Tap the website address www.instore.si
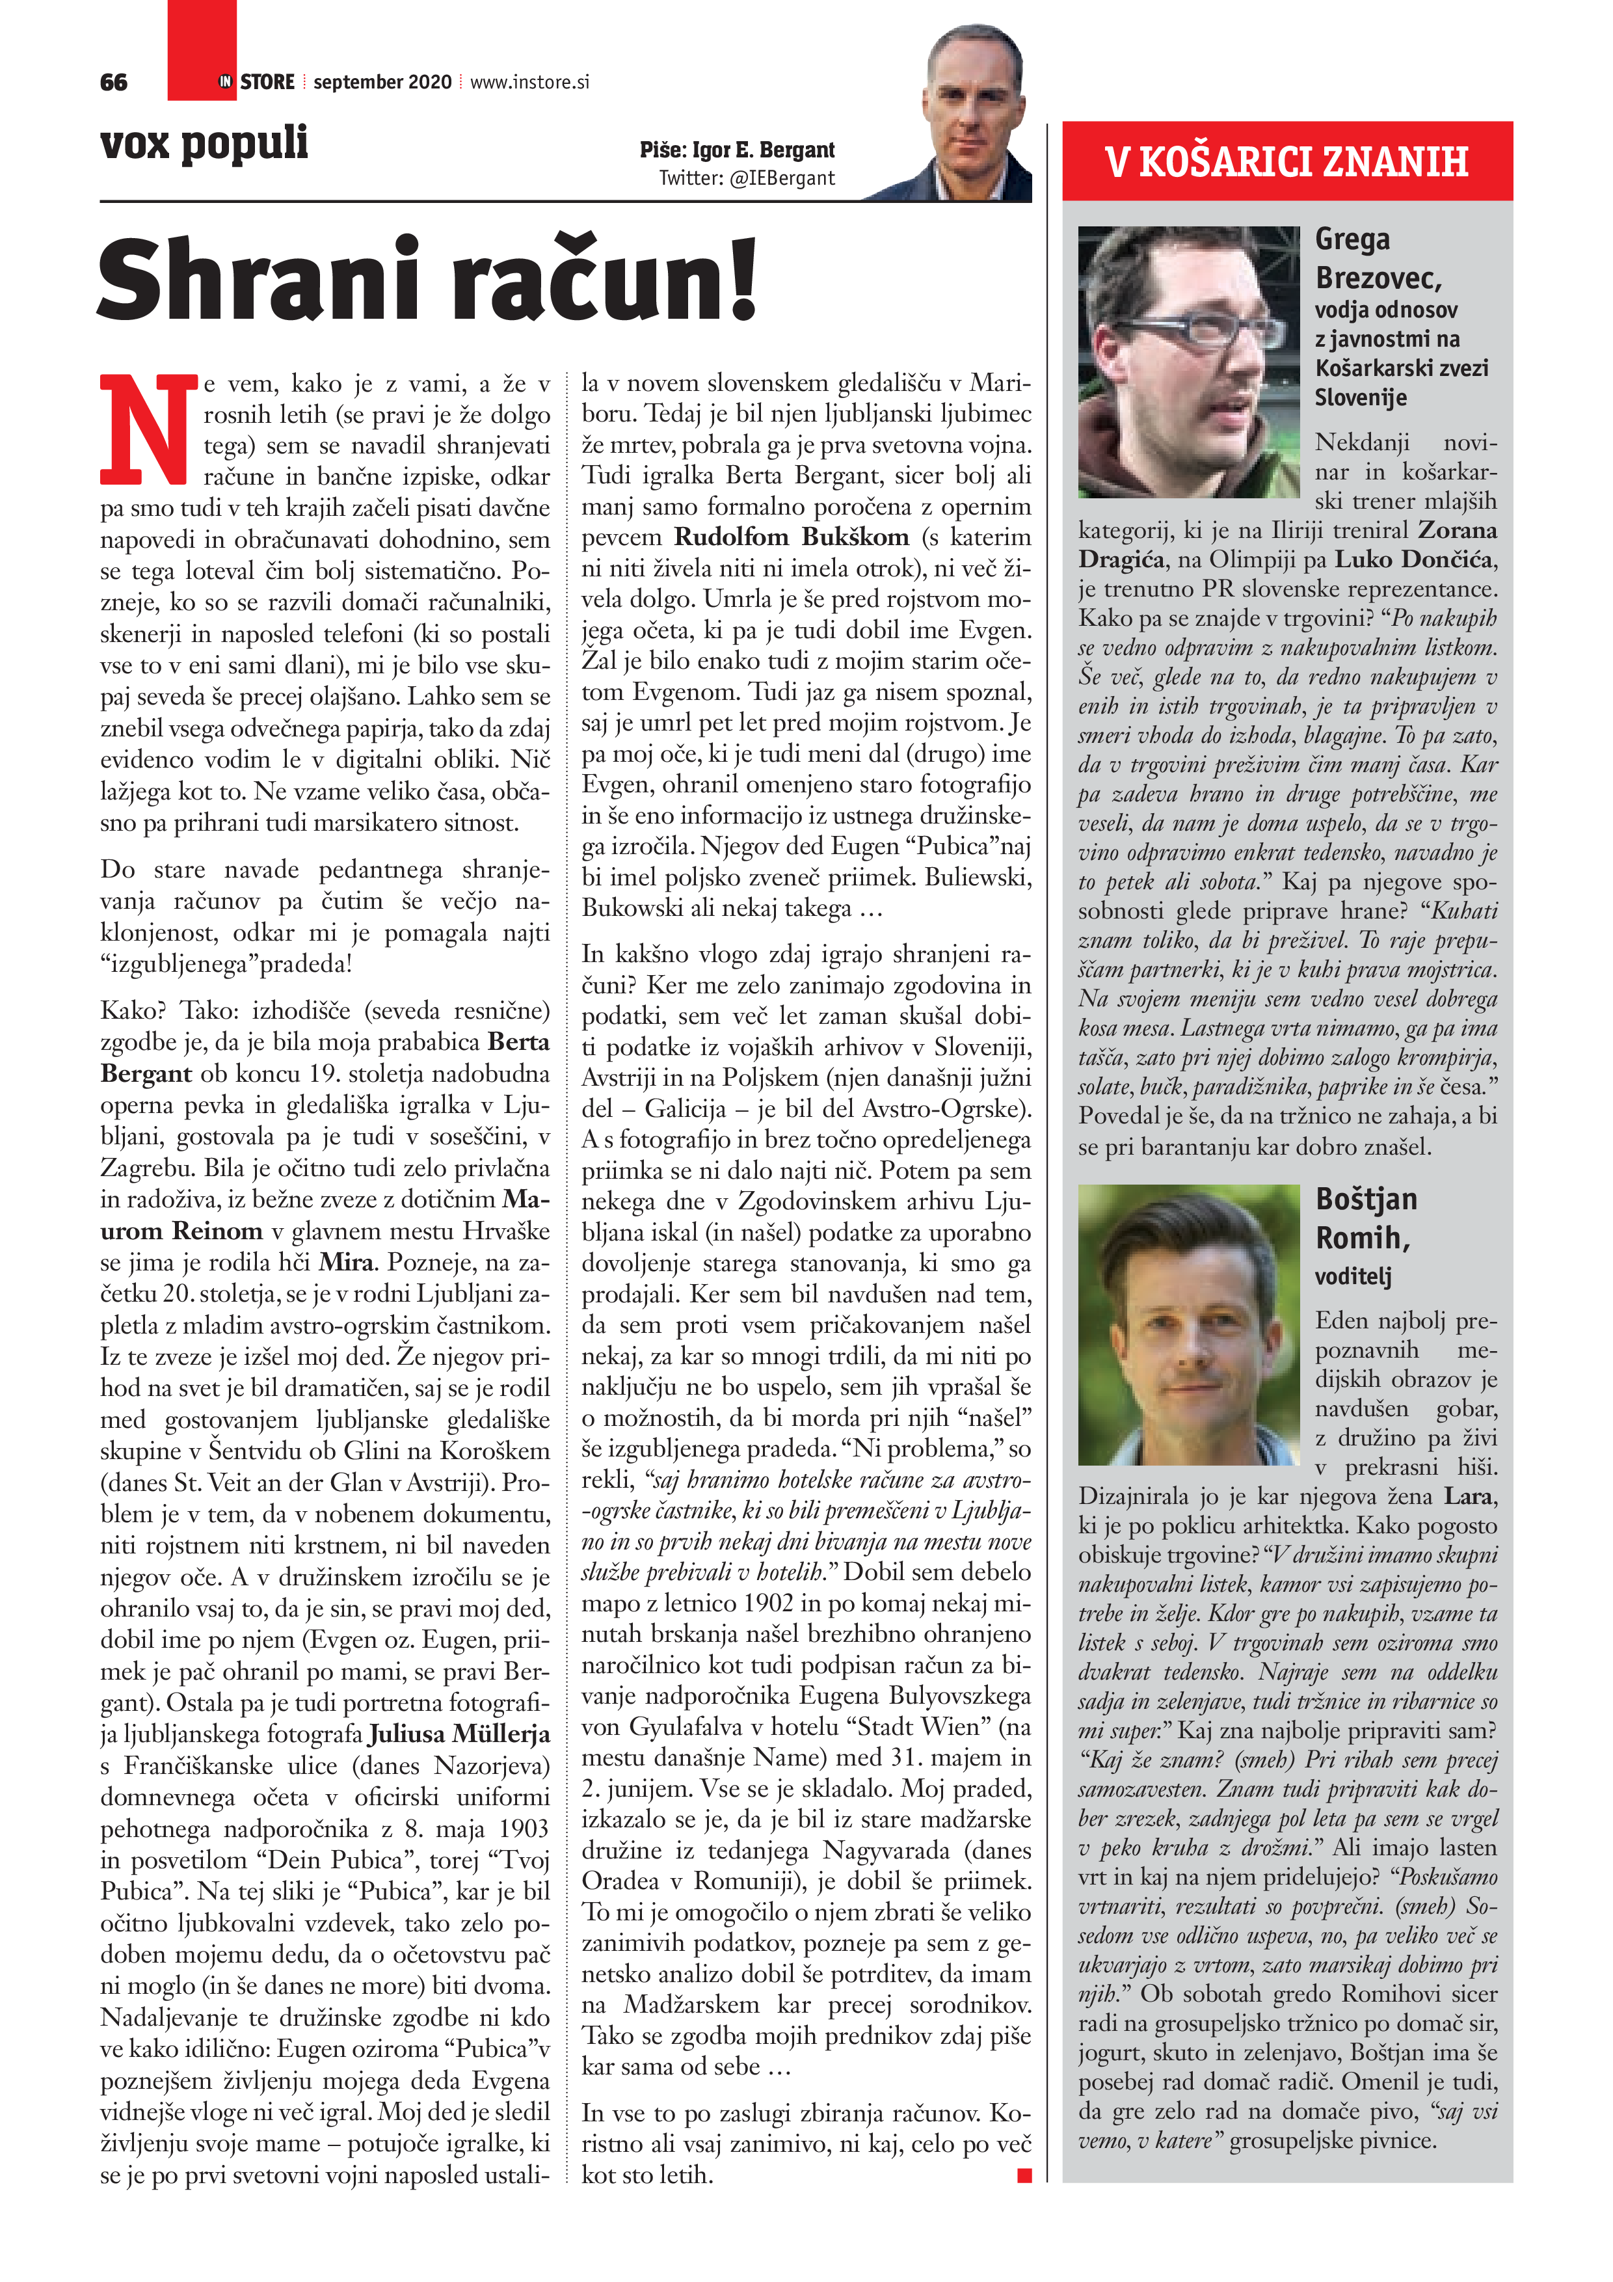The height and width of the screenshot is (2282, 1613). [529, 83]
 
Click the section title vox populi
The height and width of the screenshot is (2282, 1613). [204, 143]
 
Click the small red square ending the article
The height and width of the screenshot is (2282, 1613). [1024, 2177]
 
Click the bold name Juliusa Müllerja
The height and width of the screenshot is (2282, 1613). [459, 1734]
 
